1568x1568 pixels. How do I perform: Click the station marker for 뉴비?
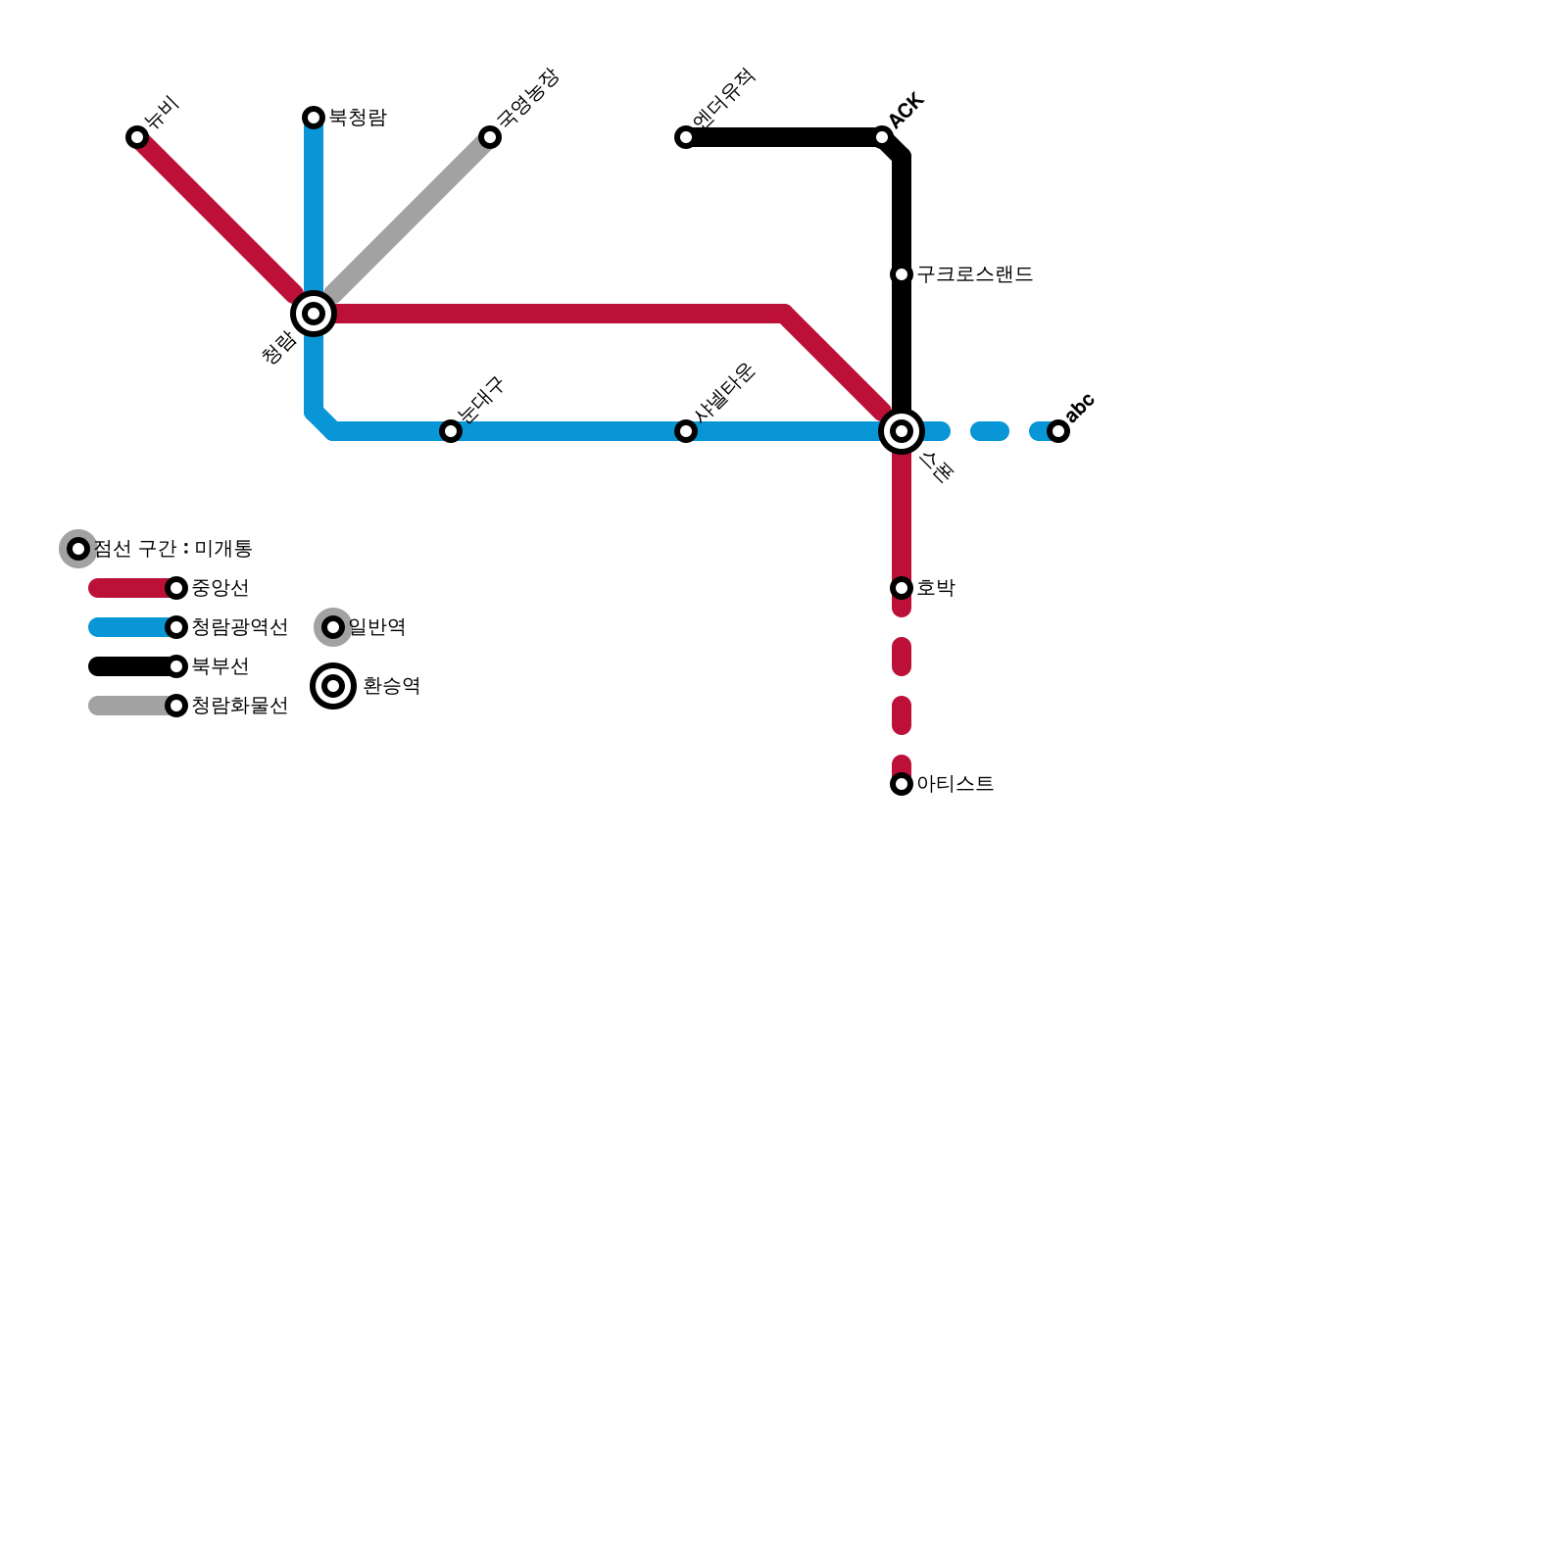[137, 137]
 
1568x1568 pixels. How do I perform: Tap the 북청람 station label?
[358, 118]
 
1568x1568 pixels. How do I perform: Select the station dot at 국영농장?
[490, 137]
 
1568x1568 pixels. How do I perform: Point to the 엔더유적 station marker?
[686, 137]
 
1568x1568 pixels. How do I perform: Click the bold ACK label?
[906, 110]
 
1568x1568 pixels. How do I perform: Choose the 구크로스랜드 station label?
[975, 274]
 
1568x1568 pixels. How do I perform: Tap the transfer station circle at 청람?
[314, 314]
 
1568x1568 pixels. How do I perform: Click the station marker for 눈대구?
[451, 431]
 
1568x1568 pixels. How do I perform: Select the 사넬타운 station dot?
[686, 431]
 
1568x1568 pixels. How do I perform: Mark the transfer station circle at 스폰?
[902, 431]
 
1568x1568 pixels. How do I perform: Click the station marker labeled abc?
[1058, 431]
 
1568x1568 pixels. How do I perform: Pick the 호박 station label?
[936, 588]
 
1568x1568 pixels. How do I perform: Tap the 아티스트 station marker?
[902, 784]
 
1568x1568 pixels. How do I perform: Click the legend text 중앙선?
[220, 588]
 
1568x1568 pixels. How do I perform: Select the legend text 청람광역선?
[240, 627]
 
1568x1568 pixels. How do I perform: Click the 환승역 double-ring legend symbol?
[333, 686]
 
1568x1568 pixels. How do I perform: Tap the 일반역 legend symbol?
[333, 627]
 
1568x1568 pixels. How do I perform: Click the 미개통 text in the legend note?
[223, 549]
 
